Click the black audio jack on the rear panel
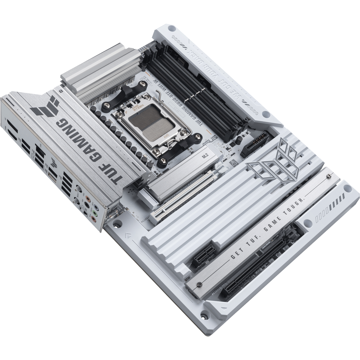pyautogui.click(x=87, y=204)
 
